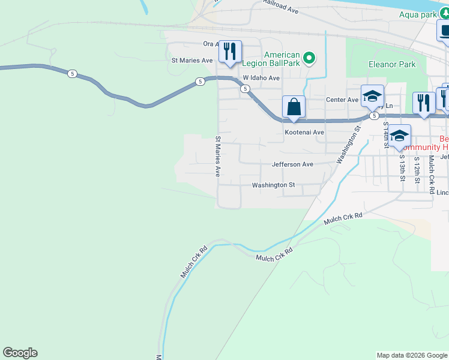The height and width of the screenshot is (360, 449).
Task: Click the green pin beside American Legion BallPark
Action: click(309, 58)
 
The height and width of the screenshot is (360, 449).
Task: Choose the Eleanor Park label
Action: click(391, 64)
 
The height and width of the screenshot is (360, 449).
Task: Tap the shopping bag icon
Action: click(294, 108)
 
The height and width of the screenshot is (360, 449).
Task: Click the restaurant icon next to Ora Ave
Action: click(229, 52)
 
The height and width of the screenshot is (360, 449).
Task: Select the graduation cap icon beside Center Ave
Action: click(372, 96)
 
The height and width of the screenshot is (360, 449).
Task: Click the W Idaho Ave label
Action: click(261, 79)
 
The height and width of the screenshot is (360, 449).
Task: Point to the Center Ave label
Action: click(342, 100)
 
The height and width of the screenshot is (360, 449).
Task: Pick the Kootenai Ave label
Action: click(304, 132)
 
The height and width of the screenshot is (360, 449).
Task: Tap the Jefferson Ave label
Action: click(292, 164)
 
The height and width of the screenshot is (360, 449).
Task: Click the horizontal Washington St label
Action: click(273, 185)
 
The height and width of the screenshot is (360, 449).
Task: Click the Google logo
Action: click(20, 353)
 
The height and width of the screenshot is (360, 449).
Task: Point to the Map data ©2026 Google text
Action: click(411, 355)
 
